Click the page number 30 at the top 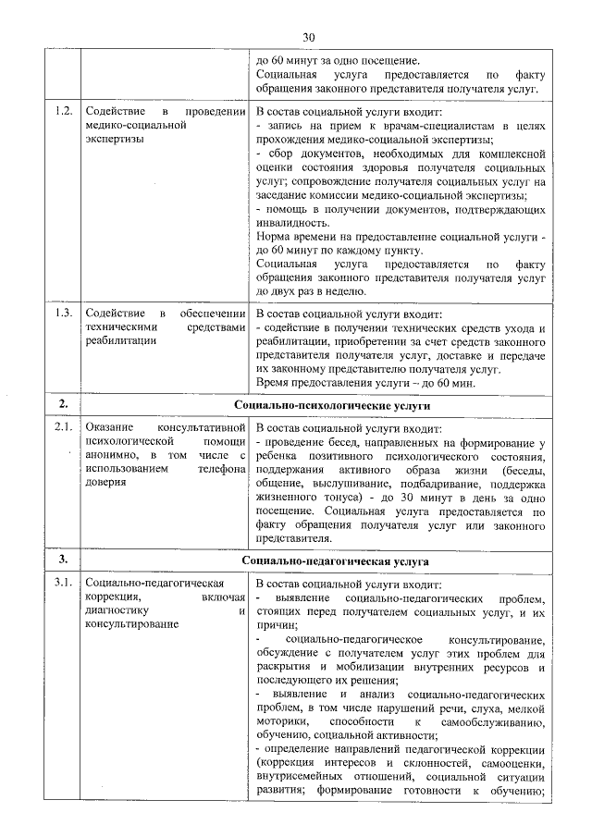(309, 36)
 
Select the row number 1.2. (63, 113)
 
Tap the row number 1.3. (63, 312)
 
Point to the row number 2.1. (63, 427)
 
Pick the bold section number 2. (63, 404)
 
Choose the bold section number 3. (63, 560)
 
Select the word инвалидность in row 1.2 (290, 224)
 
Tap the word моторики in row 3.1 (280, 720)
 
